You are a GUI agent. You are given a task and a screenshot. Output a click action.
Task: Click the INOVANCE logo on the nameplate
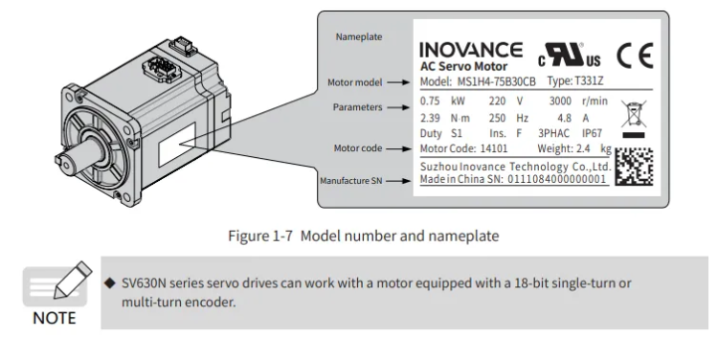471,50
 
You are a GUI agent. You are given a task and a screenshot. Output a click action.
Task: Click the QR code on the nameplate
633,169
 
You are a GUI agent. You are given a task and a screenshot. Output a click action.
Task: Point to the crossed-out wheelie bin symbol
632,116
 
